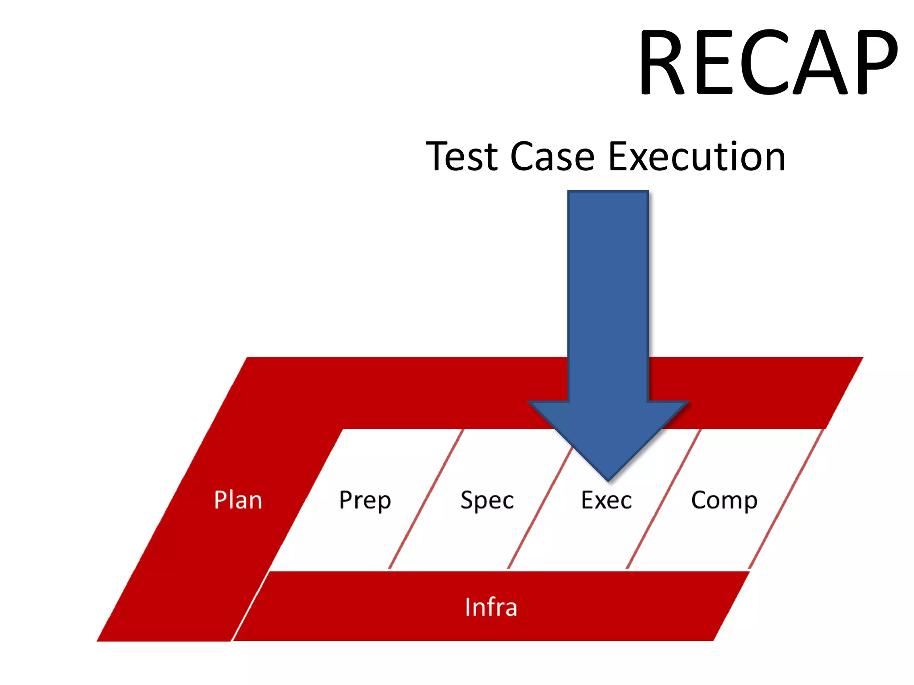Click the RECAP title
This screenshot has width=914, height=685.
(x=768, y=62)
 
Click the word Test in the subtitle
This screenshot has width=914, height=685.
(x=462, y=157)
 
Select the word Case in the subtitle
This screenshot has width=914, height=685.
(x=553, y=157)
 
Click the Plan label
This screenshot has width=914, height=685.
(x=238, y=500)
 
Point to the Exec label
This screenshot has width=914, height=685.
(x=607, y=500)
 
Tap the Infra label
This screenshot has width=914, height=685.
(x=491, y=607)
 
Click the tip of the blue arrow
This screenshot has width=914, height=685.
(x=608, y=478)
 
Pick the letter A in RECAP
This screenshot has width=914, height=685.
(x=820, y=62)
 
